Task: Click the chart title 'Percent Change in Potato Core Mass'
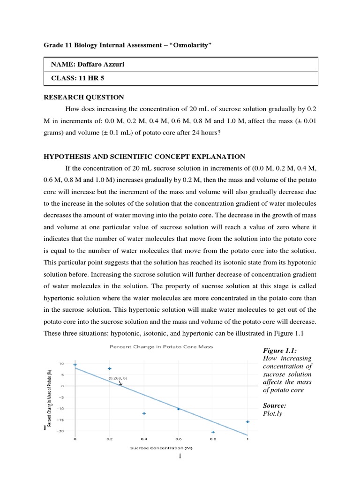coord(161,347)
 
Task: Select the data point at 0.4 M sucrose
coord(144,413)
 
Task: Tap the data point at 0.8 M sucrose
coord(213,432)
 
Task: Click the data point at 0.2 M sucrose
coord(109,368)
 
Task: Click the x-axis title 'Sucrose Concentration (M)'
coord(161,448)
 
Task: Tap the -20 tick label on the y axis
coord(61,431)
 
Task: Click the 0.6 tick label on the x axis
coord(178,439)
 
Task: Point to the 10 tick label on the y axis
coord(61,364)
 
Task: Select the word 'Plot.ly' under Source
coord(274,414)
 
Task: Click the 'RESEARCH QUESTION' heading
coord(84,97)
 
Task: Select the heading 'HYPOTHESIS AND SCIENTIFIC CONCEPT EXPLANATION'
coord(144,157)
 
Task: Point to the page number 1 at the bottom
coord(180,458)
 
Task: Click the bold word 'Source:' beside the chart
coord(275,405)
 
